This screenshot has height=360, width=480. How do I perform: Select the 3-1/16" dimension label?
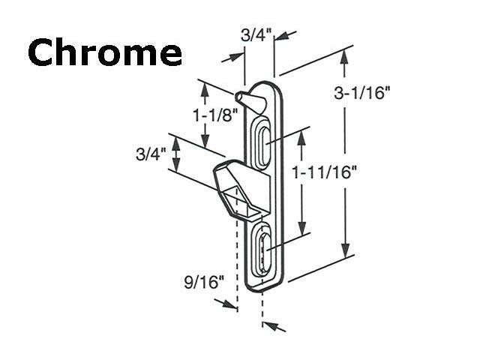[x=373, y=93]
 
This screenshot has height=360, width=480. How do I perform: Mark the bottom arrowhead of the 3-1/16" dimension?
[x=346, y=252]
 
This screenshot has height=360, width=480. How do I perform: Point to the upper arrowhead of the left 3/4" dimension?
[x=176, y=141]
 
